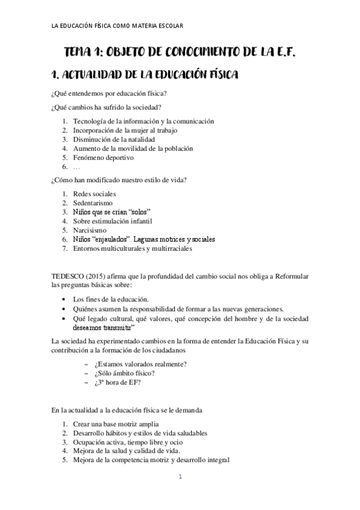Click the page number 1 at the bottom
[180, 477]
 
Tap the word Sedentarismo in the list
[93, 203]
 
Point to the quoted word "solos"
[138, 212]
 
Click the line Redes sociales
[94, 194]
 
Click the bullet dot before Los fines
[64, 299]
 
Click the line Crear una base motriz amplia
[107, 424]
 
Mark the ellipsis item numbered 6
[76, 167]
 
